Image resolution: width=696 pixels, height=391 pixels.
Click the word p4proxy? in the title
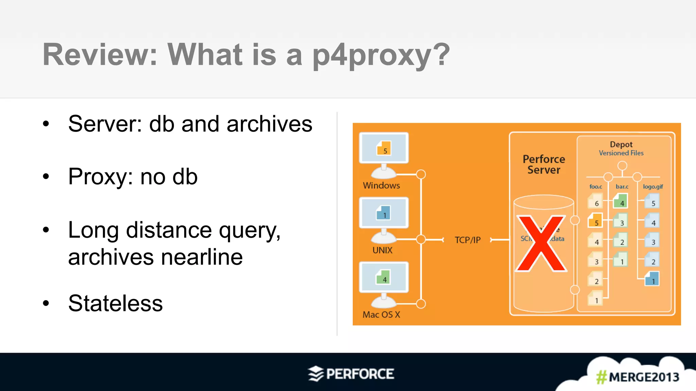pyautogui.click(x=381, y=55)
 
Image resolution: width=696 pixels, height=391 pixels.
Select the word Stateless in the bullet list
pyautogui.click(x=116, y=303)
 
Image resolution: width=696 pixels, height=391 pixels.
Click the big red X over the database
pyautogui.click(x=541, y=243)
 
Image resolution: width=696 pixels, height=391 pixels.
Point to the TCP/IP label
pyautogui.click(x=468, y=240)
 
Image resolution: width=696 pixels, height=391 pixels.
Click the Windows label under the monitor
pyautogui.click(x=381, y=186)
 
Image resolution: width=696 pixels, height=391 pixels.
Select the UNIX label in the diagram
pyautogui.click(x=382, y=250)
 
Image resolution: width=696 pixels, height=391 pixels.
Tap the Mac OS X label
pyautogui.click(x=381, y=315)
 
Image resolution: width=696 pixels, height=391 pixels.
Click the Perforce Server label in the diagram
pyautogui.click(x=544, y=165)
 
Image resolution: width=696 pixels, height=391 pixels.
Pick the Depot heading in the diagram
pyautogui.click(x=621, y=145)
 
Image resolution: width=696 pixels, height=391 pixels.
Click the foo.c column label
pyautogui.click(x=595, y=187)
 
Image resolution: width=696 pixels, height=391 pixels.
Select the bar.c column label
pyautogui.click(x=622, y=187)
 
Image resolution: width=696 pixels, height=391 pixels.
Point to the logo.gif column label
pyautogui.click(x=653, y=187)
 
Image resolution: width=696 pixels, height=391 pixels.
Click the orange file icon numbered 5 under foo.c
pyautogui.click(x=595, y=221)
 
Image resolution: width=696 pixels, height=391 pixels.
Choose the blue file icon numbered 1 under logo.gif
pyautogui.click(x=652, y=279)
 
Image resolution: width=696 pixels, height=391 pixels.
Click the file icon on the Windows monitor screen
pyautogui.click(x=384, y=149)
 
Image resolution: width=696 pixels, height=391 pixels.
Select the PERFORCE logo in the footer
pyautogui.click(x=351, y=374)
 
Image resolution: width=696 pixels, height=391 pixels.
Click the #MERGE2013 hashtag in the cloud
pyautogui.click(x=638, y=377)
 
